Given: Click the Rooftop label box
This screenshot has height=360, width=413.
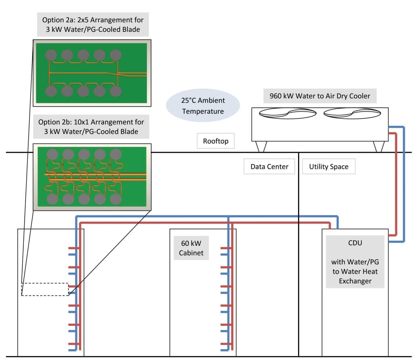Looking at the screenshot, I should (x=216, y=142).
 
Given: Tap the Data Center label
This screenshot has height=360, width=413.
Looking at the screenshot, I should (x=269, y=166).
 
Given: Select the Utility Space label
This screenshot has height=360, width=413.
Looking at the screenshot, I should (x=329, y=166).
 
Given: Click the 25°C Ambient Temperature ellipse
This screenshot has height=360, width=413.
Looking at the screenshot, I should (x=203, y=106).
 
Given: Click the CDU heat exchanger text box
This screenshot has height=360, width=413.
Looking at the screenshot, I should (x=355, y=262).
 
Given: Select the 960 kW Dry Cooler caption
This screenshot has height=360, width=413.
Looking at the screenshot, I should (x=319, y=96).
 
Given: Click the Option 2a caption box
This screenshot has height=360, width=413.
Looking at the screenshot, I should (x=92, y=24).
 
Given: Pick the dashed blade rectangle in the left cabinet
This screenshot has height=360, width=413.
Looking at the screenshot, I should (x=45, y=289).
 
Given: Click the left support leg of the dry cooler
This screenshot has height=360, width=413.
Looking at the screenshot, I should (x=261, y=147).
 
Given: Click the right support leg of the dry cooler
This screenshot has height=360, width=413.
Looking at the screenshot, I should (x=378, y=147).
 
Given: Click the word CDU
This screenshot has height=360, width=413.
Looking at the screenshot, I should (x=355, y=243).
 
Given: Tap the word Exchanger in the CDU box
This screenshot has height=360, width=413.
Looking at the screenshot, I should (x=355, y=281).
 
